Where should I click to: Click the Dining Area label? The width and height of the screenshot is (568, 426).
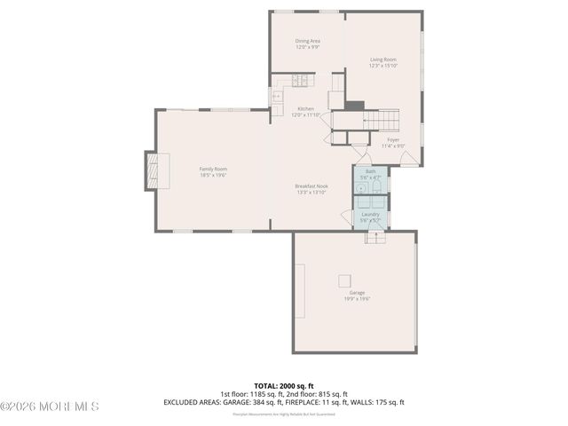point(308,41)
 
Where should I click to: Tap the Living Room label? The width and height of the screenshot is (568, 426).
point(383,59)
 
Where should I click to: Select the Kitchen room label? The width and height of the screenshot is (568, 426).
point(306,108)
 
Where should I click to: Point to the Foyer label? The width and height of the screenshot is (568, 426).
point(393,139)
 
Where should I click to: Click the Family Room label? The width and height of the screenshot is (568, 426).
point(213,169)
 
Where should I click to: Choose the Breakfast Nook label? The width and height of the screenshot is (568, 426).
point(311,185)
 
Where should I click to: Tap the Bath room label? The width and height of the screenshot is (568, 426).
point(370,172)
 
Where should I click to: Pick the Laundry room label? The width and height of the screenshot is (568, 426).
point(370,214)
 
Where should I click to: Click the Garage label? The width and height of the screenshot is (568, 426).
point(357,293)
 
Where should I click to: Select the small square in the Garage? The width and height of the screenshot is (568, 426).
point(343,280)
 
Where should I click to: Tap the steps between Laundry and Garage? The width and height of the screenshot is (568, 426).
point(376,235)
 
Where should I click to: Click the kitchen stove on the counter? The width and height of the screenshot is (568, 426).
point(299,81)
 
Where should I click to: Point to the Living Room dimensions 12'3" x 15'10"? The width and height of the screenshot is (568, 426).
point(383,66)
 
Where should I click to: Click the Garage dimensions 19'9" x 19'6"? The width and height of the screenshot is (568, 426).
point(357,299)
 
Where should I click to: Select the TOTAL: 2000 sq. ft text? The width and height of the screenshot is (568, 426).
point(283,385)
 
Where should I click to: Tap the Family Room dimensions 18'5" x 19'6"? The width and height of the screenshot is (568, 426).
point(213,175)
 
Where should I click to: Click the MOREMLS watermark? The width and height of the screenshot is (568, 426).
point(50,406)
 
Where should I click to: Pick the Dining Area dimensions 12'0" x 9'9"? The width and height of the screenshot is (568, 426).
point(308,47)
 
